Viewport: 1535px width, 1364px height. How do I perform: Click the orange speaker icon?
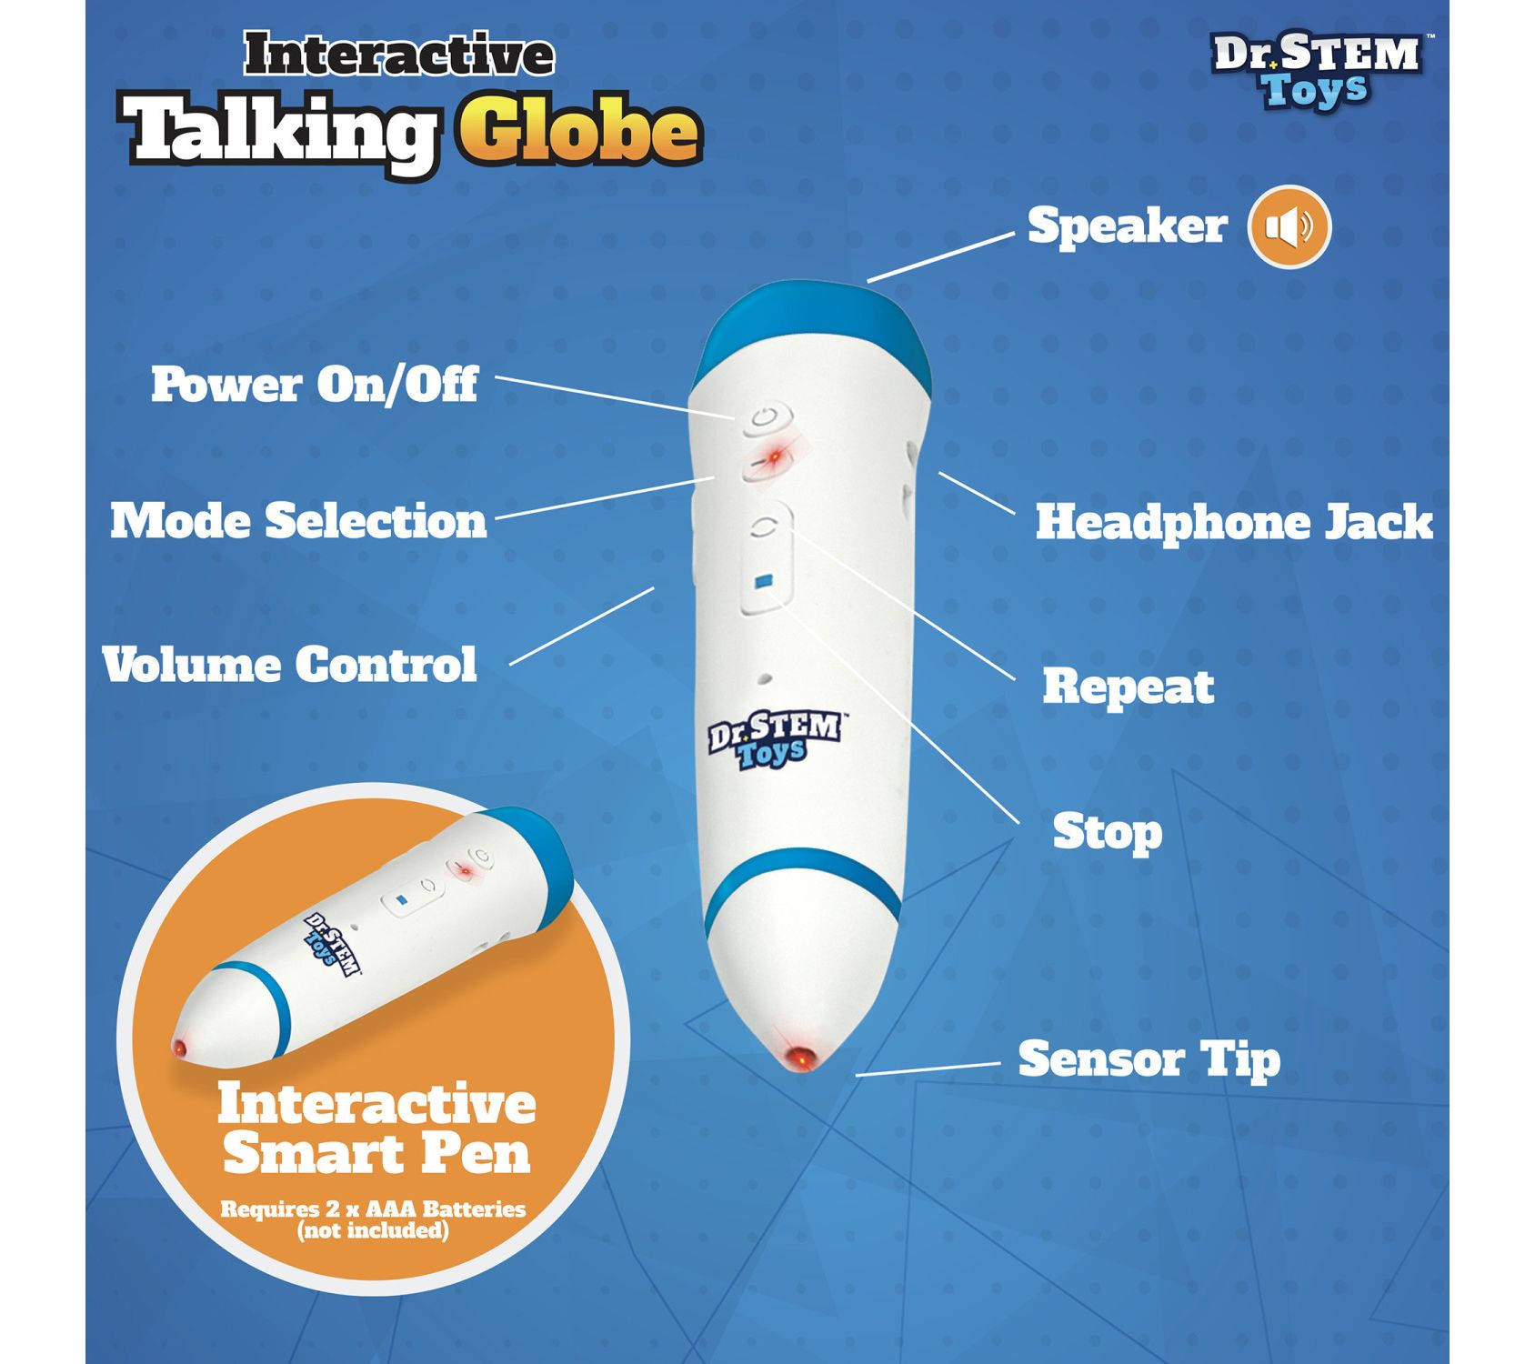pos(1289,226)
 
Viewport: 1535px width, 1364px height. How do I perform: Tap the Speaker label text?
pos(1127,226)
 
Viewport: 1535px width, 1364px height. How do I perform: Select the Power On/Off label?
pos(314,385)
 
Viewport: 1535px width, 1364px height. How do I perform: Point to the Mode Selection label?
pos(298,521)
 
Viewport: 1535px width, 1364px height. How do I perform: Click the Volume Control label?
pos(289,665)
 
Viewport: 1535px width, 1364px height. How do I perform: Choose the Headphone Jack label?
pos(1234,523)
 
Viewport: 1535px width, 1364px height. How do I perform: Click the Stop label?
pos(1107,833)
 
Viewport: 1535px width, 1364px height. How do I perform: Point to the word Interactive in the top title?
pos(398,55)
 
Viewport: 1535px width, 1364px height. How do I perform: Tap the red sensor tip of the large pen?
pos(801,1058)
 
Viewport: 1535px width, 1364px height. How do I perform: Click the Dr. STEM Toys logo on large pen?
pos(775,738)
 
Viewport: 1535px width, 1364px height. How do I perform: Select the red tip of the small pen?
pos(180,1048)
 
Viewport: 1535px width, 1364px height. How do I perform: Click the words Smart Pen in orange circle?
pos(376,1154)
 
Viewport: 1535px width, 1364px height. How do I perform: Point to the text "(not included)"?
pos(373,1231)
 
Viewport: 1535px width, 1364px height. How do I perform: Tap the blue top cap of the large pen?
pos(812,325)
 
